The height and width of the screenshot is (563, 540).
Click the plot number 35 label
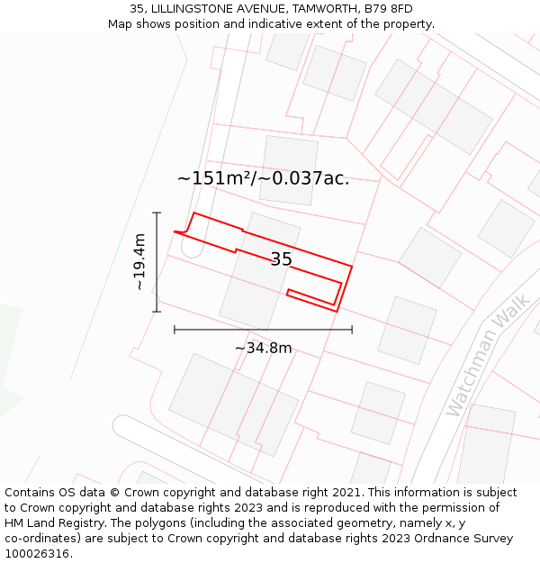click(281, 259)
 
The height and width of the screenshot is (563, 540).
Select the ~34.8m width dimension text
click(263, 348)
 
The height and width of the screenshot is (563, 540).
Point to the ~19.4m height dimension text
click(139, 262)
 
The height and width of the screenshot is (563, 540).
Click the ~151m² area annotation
click(263, 178)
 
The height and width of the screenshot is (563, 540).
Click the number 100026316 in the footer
click(38, 554)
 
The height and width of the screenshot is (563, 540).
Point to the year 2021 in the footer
click(343, 493)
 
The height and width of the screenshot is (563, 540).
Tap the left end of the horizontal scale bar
click(175, 330)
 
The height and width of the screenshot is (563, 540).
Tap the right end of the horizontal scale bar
click(352, 330)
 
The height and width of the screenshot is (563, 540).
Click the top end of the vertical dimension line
click(157, 213)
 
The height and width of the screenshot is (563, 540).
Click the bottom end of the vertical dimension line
click(157, 312)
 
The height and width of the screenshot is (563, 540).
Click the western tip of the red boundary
click(175, 232)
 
